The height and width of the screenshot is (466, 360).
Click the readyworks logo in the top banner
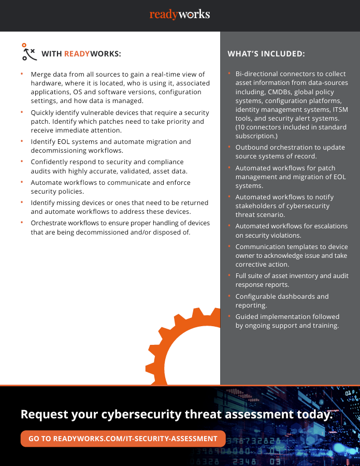(180, 14)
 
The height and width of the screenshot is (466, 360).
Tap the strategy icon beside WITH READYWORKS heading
(28, 52)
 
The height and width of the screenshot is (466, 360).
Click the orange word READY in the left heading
(77, 53)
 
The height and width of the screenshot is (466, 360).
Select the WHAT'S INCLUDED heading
(266, 53)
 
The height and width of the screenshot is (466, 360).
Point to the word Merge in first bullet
(40, 75)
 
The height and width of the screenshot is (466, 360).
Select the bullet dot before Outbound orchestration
(229, 146)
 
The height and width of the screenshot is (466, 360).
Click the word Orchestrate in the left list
(50, 223)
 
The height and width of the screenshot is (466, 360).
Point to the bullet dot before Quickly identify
(22, 111)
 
